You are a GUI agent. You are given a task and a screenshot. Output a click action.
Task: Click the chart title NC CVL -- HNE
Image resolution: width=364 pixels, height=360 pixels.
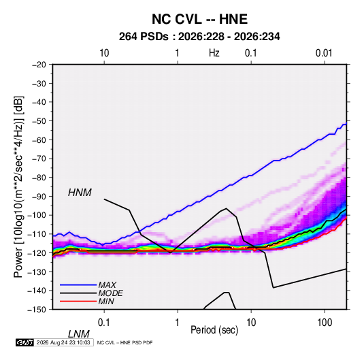point(199,19)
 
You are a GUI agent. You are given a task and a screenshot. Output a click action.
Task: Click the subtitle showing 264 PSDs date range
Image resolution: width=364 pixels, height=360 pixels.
point(199,37)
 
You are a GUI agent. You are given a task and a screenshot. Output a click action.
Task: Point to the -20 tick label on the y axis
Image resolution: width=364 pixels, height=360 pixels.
point(39,65)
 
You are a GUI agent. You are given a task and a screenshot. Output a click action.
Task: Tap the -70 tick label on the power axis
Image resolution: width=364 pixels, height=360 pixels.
point(39,159)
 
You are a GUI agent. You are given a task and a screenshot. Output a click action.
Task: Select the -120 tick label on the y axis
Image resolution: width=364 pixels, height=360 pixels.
point(37,252)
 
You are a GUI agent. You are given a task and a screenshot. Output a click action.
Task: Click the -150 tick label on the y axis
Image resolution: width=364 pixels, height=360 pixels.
point(37,310)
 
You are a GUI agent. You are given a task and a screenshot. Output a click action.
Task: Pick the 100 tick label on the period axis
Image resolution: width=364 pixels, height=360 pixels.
point(325,323)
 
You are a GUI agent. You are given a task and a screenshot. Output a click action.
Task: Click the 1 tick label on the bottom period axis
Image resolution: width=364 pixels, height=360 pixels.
point(178,323)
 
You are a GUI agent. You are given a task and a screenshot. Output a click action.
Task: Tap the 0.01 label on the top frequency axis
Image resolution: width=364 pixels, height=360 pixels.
point(324,53)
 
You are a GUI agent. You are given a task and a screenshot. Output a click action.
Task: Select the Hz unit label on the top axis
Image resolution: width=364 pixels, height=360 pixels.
point(214,53)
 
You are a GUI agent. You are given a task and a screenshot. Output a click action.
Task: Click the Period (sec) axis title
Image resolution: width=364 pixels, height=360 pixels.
point(214,330)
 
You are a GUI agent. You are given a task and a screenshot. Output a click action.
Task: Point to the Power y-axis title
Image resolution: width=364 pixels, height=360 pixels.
point(18,187)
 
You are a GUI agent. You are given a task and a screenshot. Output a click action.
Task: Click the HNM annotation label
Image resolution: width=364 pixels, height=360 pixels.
point(80,193)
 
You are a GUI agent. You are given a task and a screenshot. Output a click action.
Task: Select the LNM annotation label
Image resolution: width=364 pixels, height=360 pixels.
point(79,334)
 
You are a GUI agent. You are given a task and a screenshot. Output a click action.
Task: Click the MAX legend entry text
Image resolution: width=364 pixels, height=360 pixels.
point(107,284)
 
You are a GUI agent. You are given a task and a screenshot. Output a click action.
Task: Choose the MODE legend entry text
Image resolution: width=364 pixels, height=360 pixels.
point(110,293)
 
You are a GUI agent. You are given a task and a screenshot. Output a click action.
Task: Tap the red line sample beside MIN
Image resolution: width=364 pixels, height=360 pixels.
point(78,301)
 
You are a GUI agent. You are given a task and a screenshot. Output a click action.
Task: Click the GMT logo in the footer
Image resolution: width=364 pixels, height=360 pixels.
point(24,342)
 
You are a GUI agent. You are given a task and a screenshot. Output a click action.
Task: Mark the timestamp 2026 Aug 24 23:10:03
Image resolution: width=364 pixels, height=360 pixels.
point(63,342)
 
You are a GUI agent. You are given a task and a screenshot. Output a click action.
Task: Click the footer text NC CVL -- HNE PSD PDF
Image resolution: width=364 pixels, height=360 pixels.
point(125,342)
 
